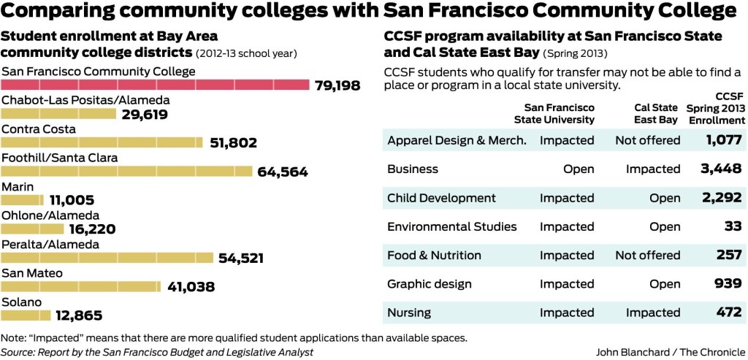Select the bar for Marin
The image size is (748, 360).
coord(23,199)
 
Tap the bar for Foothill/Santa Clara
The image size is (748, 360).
coord(127,171)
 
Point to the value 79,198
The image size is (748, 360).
coord(337,85)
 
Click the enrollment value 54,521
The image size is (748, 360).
coord(241,258)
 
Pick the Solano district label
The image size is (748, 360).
coord(22,302)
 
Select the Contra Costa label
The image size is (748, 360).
coord(39,129)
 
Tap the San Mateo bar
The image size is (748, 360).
coord(81,286)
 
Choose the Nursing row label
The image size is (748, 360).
coord(409,313)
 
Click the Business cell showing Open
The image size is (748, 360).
coord(579,169)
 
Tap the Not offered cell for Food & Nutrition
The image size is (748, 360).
coord(647,255)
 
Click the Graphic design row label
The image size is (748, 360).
coord(430,284)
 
